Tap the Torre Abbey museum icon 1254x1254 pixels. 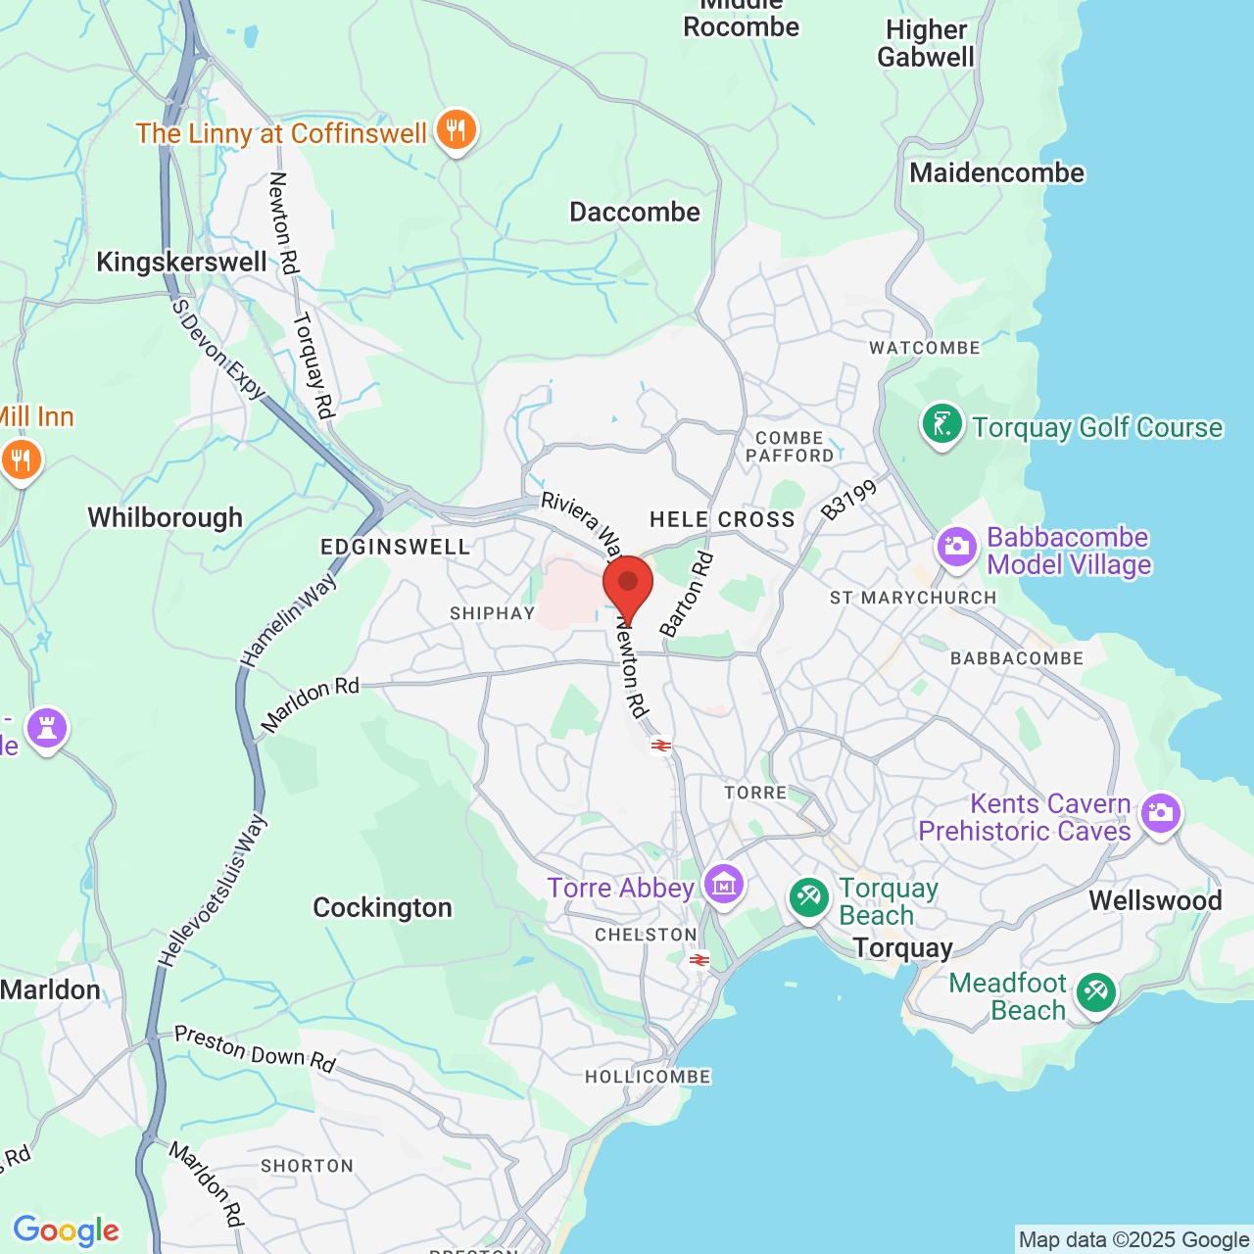click(724, 886)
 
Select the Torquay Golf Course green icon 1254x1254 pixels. click(941, 425)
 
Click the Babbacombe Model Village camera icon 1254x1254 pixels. click(956, 547)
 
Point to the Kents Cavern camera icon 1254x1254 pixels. click(1160, 813)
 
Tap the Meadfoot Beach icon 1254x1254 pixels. click(1094, 993)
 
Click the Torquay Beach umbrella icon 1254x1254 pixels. click(808, 897)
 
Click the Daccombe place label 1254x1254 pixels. click(635, 212)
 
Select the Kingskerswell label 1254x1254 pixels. click(181, 262)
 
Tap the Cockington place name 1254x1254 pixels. click(382, 908)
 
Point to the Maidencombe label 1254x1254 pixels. click(996, 173)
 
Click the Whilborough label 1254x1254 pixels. click(165, 517)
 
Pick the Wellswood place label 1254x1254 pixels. click(1155, 900)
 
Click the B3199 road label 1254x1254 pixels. click(848, 500)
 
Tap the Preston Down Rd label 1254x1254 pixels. click(255, 1048)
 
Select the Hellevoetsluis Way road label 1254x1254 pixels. click(213, 892)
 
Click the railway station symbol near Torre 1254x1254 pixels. click(661, 746)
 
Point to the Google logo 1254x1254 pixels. click(66, 1230)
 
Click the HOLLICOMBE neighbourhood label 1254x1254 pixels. click(648, 1077)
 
